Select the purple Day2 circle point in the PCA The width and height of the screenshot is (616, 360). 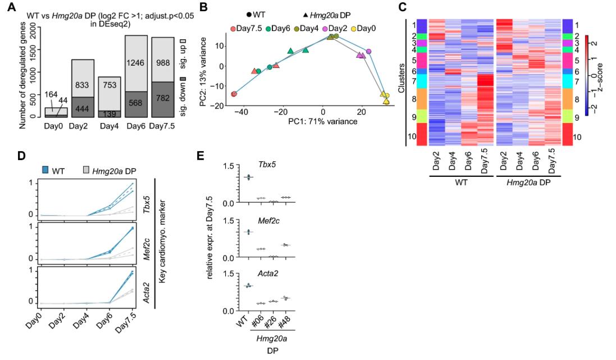[x=369, y=51]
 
